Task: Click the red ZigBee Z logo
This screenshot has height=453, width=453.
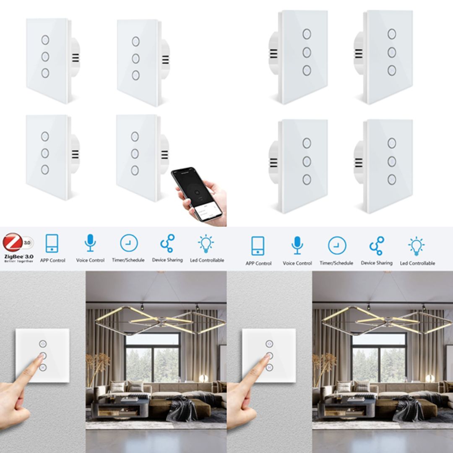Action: tap(13, 242)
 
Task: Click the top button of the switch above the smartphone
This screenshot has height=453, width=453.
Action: tap(135, 136)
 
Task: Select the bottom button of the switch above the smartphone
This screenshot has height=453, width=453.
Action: tap(135, 170)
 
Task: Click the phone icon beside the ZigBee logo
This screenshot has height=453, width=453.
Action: tap(52, 243)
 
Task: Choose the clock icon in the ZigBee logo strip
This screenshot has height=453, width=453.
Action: tap(129, 243)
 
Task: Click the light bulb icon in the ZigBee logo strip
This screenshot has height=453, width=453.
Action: tap(206, 243)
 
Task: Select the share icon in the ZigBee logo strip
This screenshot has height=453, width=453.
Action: tap(167, 243)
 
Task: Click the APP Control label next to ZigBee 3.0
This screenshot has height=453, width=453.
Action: tap(52, 260)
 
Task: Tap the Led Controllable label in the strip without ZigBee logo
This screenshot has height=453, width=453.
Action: tap(417, 263)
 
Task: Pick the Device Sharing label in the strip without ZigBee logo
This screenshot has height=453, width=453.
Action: tap(377, 263)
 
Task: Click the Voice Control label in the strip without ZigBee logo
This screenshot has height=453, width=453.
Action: tap(297, 263)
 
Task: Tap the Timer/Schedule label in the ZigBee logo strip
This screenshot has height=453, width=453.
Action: tap(128, 260)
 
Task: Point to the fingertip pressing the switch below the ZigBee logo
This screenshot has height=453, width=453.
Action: tap(41, 357)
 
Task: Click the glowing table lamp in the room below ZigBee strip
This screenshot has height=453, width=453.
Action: tap(204, 378)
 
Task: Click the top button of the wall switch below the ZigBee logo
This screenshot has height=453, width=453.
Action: tap(42, 344)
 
